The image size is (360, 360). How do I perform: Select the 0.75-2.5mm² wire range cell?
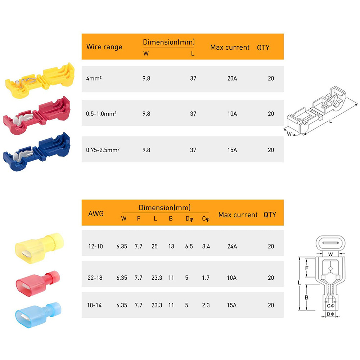(103, 150)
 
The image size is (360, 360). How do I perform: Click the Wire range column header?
(104, 47)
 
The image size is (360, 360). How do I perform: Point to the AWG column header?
(96, 213)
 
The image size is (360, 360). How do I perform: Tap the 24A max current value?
(232, 247)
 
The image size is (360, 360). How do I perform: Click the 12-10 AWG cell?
(95, 247)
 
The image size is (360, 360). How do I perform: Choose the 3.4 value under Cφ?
(206, 247)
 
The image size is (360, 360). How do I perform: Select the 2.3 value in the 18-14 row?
(206, 305)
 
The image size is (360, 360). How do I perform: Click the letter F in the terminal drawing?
(306, 268)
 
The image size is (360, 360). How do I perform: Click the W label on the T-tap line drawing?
(289, 134)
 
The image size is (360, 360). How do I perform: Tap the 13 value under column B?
(171, 247)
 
